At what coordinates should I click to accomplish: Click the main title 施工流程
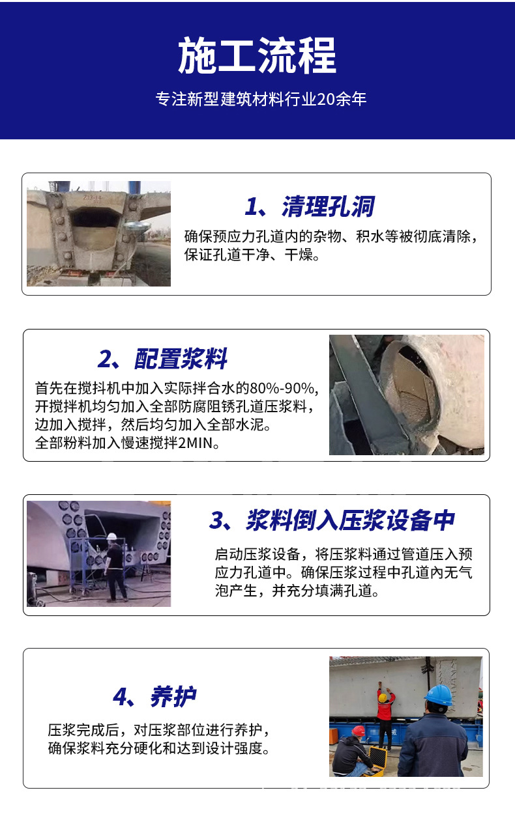(x=257, y=56)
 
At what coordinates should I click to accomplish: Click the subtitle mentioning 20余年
(x=261, y=100)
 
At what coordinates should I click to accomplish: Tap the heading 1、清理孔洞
(x=310, y=207)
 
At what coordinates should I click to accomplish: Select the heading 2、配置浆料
(x=162, y=359)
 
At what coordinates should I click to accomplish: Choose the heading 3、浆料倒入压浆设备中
(x=332, y=521)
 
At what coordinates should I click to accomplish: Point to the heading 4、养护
(x=154, y=697)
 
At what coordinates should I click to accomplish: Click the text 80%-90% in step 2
(x=285, y=389)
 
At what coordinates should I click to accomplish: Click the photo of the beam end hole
(x=98, y=234)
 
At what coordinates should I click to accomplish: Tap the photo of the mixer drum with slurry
(x=406, y=395)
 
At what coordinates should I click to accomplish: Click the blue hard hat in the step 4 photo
(x=439, y=695)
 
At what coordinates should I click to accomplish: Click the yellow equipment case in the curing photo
(x=378, y=757)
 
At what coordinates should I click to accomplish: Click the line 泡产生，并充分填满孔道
(x=297, y=591)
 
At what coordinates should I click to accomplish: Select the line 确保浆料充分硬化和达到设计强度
(x=158, y=749)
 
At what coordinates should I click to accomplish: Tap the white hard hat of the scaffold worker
(x=111, y=537)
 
